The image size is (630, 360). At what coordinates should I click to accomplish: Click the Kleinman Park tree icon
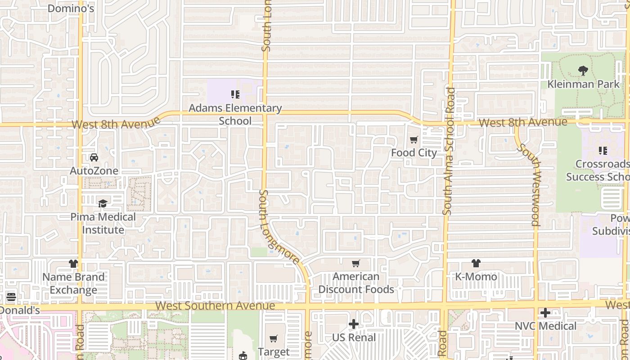click(583, 71)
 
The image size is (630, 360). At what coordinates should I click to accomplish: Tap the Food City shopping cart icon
click(414, 140)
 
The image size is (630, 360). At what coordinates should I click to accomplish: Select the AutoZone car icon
click(94, 157)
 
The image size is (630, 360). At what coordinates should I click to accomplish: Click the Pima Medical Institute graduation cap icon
click(103, 203)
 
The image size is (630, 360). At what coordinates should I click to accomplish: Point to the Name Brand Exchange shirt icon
click(73, 264)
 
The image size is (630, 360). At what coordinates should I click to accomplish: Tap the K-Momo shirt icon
click(476, 263)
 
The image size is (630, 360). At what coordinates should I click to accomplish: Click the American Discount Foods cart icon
click(356, 263)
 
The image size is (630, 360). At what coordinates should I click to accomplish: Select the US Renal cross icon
click(354, 324)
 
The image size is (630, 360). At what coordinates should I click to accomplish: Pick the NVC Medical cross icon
click(545, 313)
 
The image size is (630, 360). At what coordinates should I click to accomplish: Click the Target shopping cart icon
click(274, 338)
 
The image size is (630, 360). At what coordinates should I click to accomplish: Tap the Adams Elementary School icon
click(235, 94)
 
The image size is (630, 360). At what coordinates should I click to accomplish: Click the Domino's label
click(71, 8)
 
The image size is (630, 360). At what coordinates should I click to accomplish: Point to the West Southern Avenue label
click(215, 306)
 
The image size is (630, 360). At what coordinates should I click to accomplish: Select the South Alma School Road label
click(449, 151)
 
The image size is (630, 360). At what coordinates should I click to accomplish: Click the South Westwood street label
click(529, 184)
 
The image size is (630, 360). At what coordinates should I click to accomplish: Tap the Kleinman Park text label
click(583, 84)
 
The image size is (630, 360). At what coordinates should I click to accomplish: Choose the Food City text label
click(414, 153)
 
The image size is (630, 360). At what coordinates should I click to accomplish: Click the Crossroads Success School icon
click(603, 151)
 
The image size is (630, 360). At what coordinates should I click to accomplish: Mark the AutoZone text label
click(94, 171)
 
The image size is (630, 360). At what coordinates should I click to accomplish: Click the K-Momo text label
click(476, 277)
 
